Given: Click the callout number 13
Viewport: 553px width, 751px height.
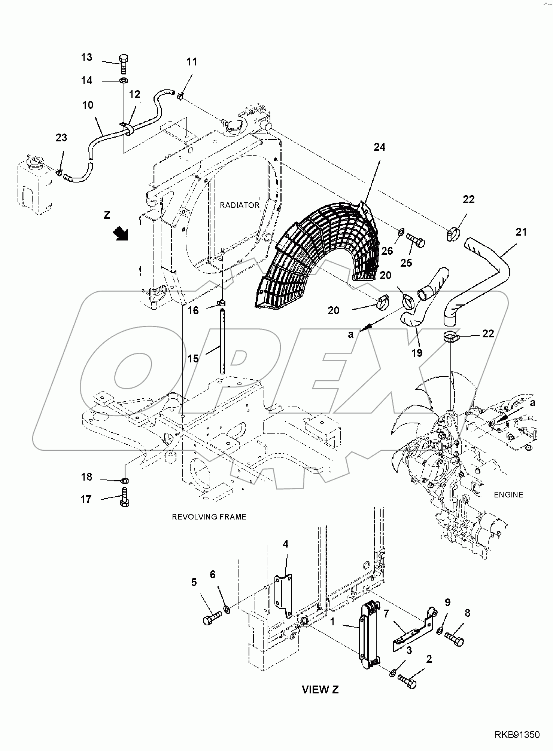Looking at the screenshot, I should pos(86,57).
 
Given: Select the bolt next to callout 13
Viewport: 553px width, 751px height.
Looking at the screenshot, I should pos(124,64).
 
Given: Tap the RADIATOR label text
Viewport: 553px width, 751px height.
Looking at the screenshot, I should pos(239,205).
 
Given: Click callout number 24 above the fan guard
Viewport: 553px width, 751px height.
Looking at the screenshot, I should pos(379,147).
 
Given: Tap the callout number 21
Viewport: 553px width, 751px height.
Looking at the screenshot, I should pos(521,232).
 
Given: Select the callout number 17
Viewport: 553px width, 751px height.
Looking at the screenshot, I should pos(86,499).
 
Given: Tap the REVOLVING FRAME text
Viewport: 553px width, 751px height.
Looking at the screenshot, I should pos(209,517).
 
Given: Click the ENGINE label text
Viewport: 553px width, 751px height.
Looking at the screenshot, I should pos(508,495).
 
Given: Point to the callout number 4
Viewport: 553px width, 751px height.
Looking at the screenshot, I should pos(286,544).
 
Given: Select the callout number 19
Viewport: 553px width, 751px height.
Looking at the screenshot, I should pos(417,353).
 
